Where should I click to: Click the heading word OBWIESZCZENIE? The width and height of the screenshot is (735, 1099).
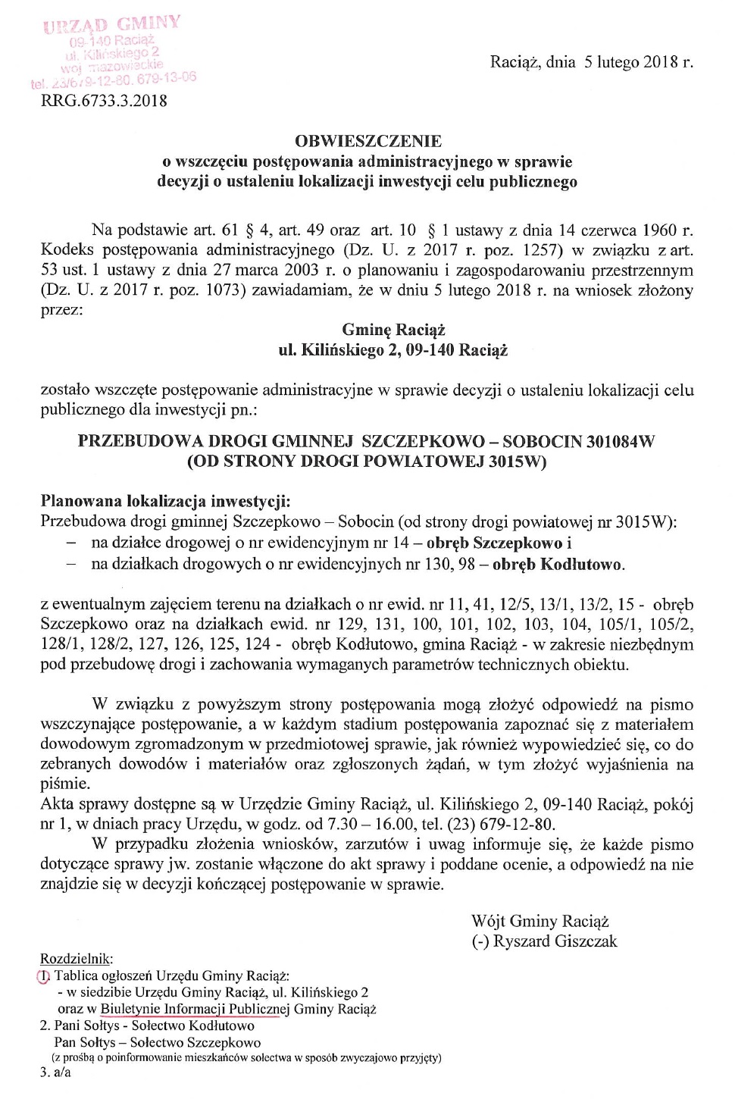tap(367, 141)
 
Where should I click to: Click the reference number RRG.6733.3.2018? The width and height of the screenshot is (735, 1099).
tap(104, 101)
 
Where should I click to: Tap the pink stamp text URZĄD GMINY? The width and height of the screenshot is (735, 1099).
tap(112, 24)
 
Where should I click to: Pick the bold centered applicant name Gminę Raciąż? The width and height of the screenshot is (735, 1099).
tap(393, 330)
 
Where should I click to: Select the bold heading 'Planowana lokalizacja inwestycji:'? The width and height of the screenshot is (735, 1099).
tap(165, 502)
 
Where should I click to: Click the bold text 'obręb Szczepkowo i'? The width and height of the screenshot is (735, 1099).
tap(499, 543)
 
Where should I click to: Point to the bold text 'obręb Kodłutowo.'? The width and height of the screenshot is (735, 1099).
tap(558, 564)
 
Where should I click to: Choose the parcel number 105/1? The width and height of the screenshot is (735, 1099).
tap(624, 625)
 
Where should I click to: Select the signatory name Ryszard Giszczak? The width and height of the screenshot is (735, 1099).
tap(555, 941)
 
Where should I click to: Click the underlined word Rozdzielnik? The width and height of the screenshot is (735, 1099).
tap(76, 959)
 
